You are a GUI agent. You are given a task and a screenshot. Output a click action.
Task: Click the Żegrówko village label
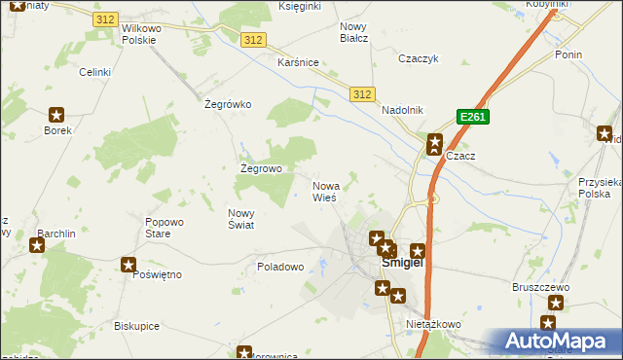point(229,104)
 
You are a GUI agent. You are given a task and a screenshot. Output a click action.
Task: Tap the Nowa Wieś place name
point(325,191)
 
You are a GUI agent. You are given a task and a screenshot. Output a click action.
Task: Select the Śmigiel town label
point(401,263)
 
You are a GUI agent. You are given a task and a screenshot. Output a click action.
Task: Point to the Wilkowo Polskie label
point(146,35)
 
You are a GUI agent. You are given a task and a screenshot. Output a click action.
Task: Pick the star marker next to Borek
point(56,114)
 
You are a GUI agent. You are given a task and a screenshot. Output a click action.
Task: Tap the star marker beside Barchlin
point(37,244)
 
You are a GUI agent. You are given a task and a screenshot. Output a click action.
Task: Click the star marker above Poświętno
point(128,264)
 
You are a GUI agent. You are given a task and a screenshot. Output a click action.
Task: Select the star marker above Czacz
point(435,142)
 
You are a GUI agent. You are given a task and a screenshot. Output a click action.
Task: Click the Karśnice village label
point(298,62)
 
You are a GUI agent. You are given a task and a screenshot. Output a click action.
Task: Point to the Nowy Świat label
point(240,219)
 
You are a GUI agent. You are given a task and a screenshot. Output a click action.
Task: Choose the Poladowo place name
point(281,266)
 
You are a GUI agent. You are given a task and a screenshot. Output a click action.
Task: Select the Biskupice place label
point(136,326)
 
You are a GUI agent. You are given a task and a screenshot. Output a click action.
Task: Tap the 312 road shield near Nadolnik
point(362,93)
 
